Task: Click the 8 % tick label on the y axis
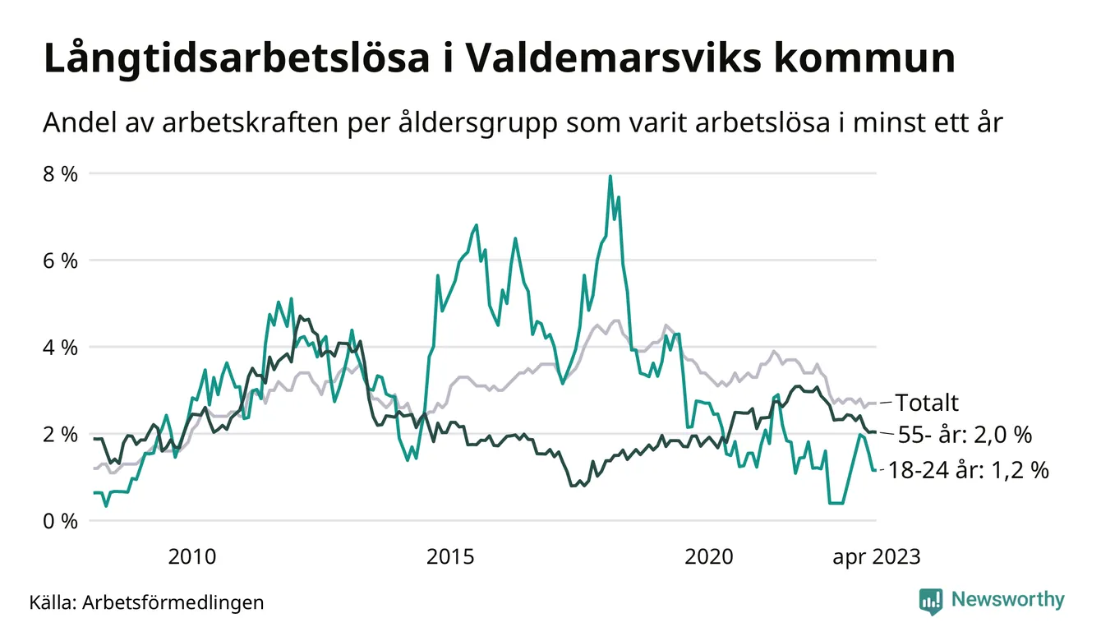tap(62, 174)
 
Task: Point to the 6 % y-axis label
tap(62, 261)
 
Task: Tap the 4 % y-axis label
tap(62, 348)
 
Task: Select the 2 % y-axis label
tap(62, 434)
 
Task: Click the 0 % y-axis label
tap(62, 521)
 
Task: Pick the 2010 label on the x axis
tap(192, 556)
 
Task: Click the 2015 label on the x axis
tap(451, 556)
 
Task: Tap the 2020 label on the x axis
tap(709, 556)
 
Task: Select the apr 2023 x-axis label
tap(876, 556)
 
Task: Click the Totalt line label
tap(927, 403)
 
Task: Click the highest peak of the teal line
tap(610, 176)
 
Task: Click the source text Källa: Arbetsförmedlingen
tap(146, 602)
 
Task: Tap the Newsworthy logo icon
tap(931, 600)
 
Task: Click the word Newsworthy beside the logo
tap(1007, 600)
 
